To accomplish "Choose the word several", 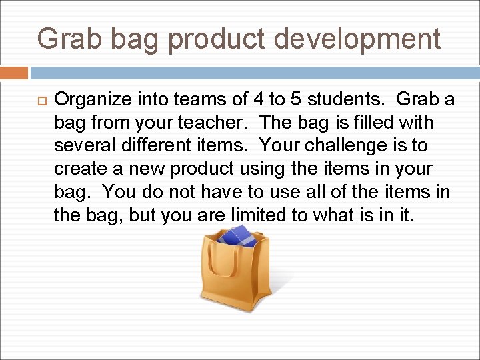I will pos(80,145).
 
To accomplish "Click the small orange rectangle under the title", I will pos(14,73).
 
